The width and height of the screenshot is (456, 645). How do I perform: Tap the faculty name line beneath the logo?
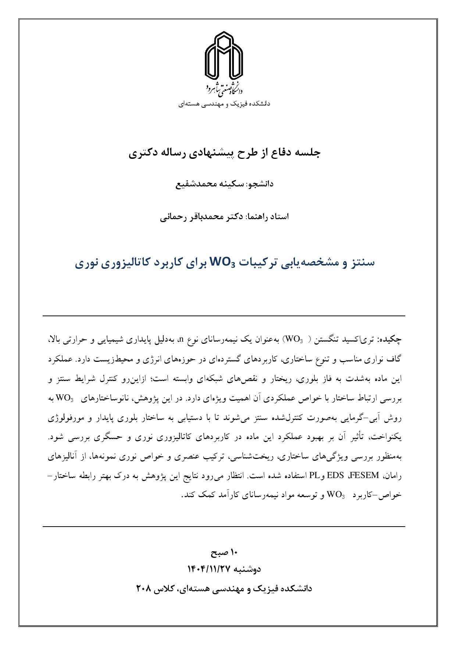point(224,104)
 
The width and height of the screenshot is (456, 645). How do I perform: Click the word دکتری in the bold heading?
point(143,153)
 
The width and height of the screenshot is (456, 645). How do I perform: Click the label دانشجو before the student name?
point(261,184)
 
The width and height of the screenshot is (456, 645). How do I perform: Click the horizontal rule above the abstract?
point(224,316)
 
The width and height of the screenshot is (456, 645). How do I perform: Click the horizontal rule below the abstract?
point(224,527)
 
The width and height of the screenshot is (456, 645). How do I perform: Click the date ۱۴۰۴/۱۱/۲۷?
point(209,569)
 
